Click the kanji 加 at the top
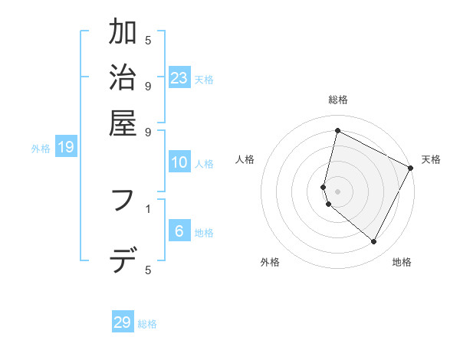click(123, 33)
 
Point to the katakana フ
click(123, 201)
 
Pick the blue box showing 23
click(179, 78)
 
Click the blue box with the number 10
click(179, 162)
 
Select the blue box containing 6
click(179, 231)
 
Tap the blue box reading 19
click(66, 148)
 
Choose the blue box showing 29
click(123, 322)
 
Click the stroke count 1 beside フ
click(147, 208)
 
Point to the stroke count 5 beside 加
click(147, 40)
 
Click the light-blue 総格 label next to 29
click(147, 324)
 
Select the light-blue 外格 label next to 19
click(41, 149)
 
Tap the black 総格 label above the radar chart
click(338, 100)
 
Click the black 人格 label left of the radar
click(245, 159)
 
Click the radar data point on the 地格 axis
click(374, 242)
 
